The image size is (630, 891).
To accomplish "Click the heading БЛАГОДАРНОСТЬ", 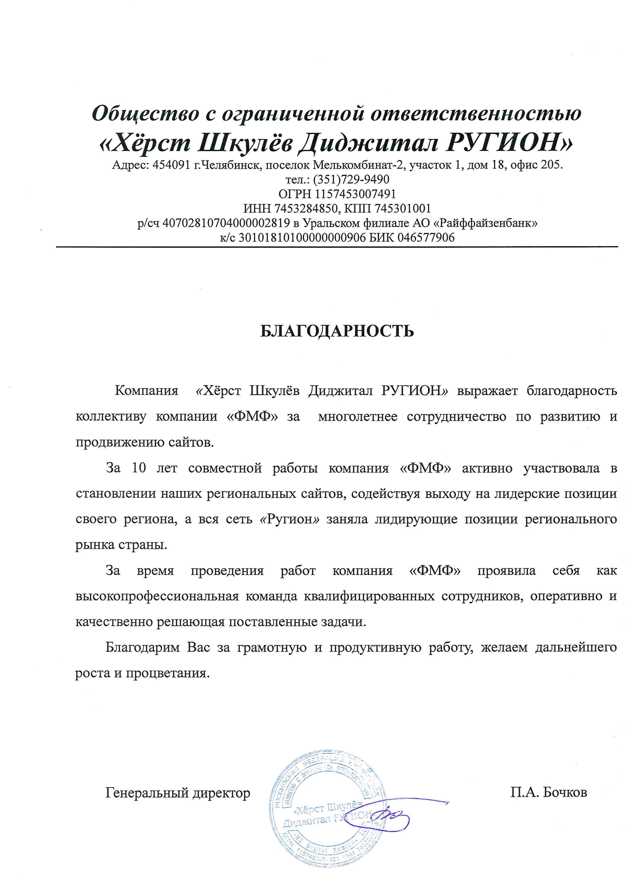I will [337, 331].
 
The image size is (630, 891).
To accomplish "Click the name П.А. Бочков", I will [548, 792].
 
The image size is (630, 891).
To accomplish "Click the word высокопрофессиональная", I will [157, 596].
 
